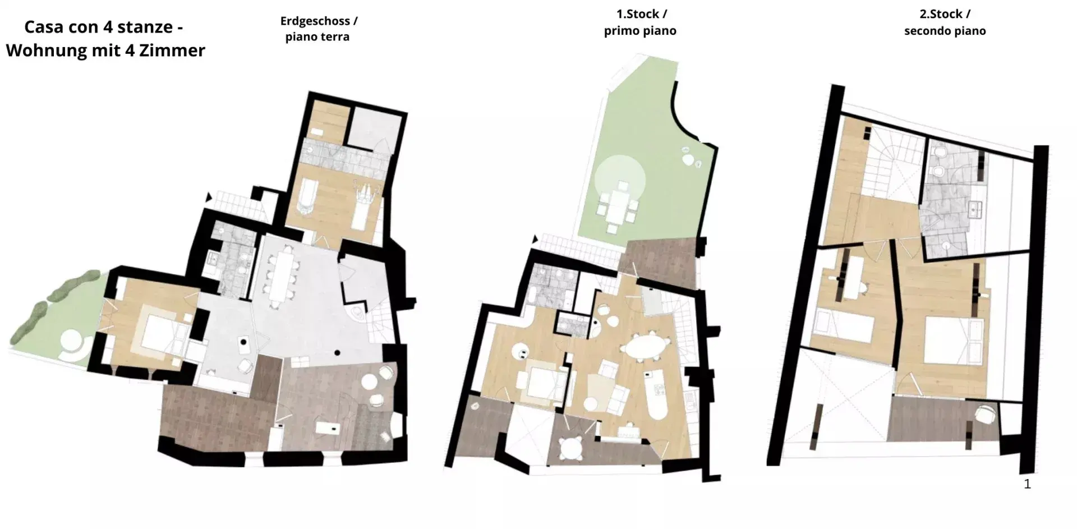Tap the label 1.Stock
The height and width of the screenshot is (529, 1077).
(x=637, y=14)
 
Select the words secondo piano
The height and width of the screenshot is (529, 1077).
(x=945, y=31)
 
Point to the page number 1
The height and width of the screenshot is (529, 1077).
(x=1027, y=484)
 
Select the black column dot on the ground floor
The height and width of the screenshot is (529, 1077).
(x=337, y=352)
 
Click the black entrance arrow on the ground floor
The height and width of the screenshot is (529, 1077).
(x=209, y=197)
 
